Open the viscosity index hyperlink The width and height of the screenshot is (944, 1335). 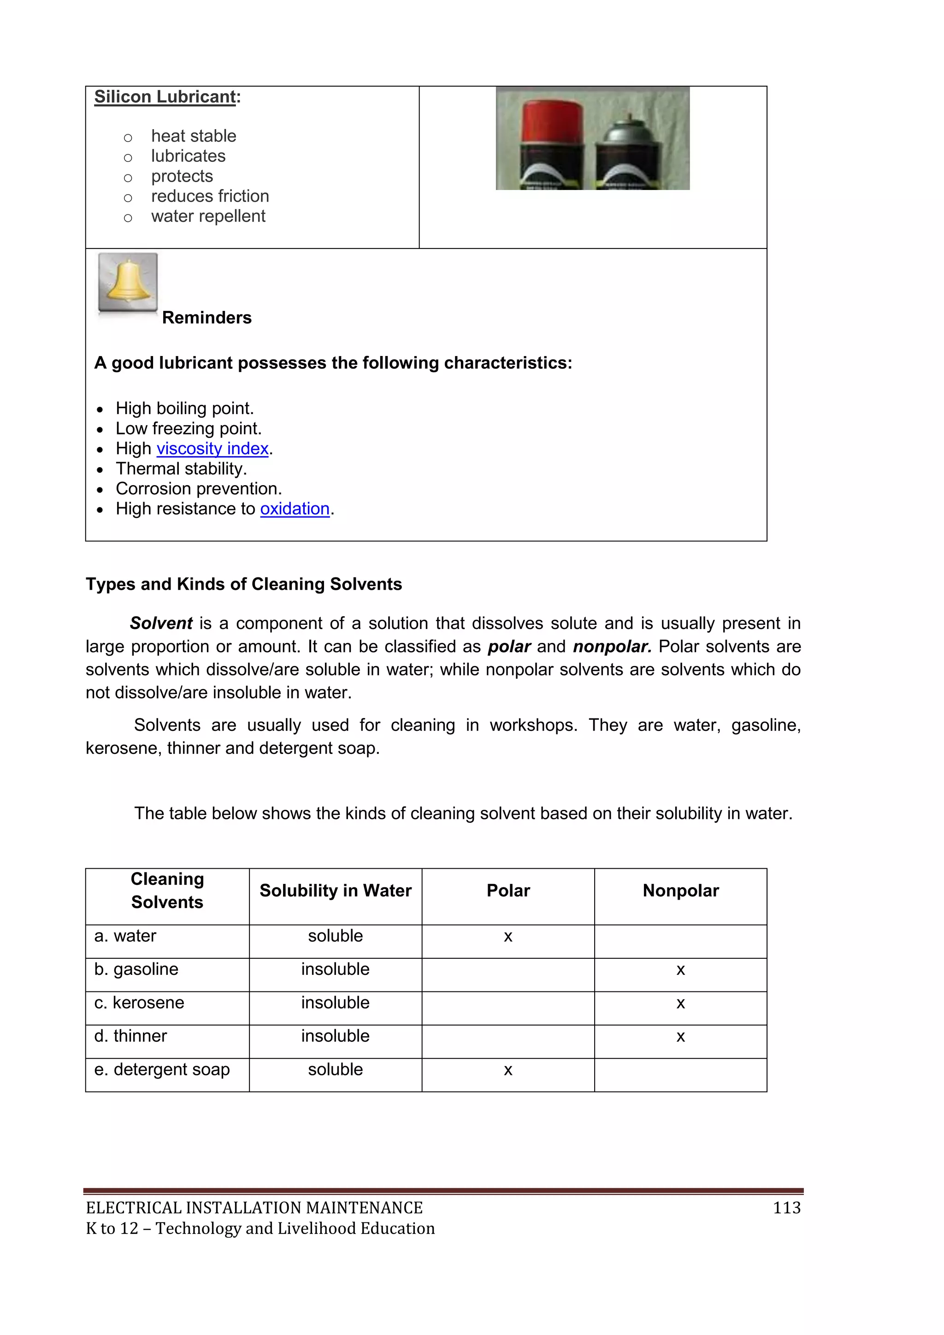click(x=212, y=449)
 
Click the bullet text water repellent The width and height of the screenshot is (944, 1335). click(x=208, y=216)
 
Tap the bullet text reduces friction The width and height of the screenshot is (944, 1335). click(x=210, y=196)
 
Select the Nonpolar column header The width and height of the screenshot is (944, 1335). click(x=681, y=891)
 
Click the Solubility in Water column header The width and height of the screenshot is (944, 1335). click(x=336, y=891)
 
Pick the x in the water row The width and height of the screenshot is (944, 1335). click(x=508, y=936)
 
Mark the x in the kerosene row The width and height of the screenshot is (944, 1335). click(x=681, y=1003)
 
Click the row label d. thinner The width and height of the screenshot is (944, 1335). click(x=131, y=1036)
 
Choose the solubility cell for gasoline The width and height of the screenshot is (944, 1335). click(x=336, y=969)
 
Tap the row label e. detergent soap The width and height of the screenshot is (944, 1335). click(x=162, y=1069)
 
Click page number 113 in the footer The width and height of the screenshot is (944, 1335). click(x=786, y=1208)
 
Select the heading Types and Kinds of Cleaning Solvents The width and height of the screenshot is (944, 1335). click(x=243, y=584)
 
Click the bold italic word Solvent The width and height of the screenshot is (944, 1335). click(x=161, y=623)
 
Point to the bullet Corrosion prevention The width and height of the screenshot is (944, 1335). click(x=198, y=488)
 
